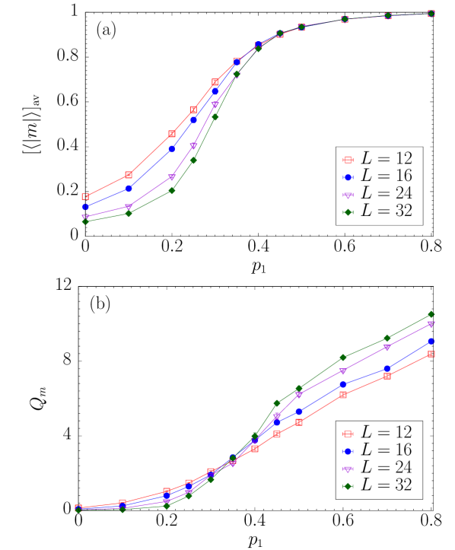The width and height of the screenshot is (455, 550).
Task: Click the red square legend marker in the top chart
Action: (348, 160)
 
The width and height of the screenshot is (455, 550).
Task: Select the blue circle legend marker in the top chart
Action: (348, 177)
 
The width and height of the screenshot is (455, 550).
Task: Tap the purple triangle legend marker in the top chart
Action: (348, 195)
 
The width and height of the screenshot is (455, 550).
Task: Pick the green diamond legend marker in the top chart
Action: (348, 212)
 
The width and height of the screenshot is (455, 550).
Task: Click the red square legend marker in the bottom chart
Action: (348, 434)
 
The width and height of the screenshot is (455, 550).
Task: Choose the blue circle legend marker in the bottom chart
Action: (348, 451)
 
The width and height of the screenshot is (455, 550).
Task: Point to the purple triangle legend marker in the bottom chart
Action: (348, 469)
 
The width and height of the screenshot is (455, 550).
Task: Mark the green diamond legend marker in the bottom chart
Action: (348, 486)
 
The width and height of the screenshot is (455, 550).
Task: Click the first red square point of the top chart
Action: (85, 196)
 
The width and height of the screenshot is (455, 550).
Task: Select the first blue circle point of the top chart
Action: (85, 206)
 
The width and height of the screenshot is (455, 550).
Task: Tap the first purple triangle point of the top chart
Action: (85, 218)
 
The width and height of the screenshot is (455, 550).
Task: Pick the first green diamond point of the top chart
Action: (85, 221)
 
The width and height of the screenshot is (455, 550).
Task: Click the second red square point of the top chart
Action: (129, 175)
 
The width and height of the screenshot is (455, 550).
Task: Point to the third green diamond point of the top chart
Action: (172, 190)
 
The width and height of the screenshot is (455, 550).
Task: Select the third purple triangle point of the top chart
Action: (172, 177)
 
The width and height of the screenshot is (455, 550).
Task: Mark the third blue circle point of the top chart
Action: (172, 149)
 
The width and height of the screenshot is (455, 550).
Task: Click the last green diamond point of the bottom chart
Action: (431, 314)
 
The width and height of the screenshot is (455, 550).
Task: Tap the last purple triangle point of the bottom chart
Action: (431, 324)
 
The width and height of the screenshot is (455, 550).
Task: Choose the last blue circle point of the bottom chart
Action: (431, 342)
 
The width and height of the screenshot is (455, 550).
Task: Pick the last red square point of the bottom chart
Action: (431, 354)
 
